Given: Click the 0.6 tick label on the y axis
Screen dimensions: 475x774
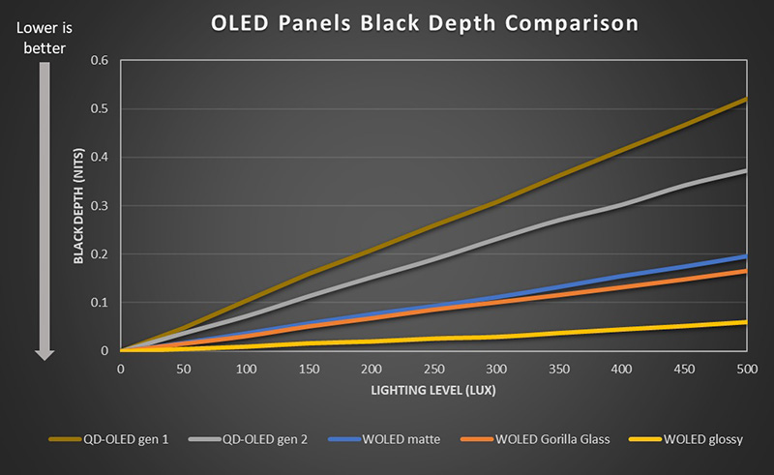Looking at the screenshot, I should coord(100,60).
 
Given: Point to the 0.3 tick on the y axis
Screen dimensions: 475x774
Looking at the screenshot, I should coord(100,205).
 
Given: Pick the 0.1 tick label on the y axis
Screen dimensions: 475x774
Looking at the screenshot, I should coord(100,302).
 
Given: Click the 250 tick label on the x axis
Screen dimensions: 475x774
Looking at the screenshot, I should coord(433,369).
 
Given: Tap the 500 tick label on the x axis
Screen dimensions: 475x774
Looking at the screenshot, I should coord(746,369).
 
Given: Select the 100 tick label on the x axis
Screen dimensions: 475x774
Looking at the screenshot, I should coord(246,369).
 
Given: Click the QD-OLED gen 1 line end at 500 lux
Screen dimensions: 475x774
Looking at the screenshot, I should coord(746,100).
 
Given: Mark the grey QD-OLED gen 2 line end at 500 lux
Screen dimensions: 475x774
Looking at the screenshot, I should coord(746,171).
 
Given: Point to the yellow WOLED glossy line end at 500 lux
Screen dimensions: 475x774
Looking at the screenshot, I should coord(746,322).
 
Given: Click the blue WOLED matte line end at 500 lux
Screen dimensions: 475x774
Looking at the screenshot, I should coord(746,256).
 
